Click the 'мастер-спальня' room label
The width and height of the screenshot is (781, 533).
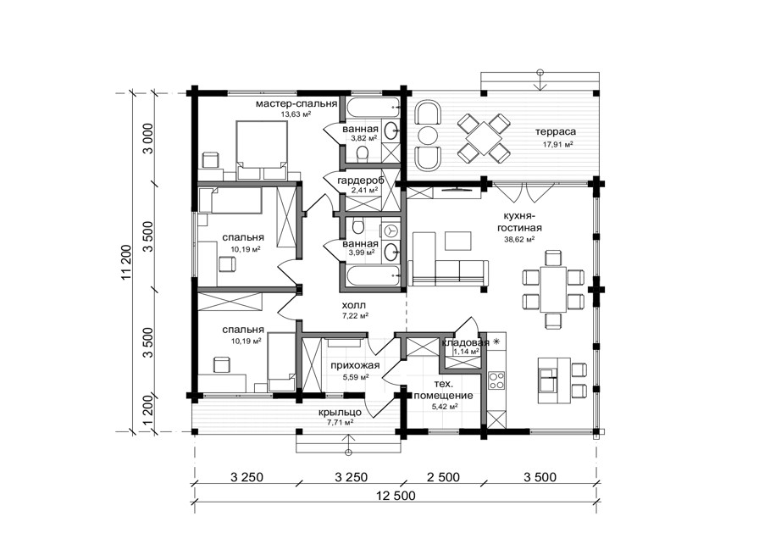coord(296,104)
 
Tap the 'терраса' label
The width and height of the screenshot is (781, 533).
coord(556,132)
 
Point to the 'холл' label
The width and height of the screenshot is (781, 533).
coord(353,305)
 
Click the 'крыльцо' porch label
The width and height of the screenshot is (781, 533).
coord(341,413)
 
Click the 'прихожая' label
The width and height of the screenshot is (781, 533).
coord(355,365)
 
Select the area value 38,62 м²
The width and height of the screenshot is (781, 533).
coord(520,239)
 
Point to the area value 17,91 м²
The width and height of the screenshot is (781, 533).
coord(557,145)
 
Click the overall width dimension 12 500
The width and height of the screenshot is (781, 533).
coord(396,496)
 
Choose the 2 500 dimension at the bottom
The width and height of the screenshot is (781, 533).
coord(443,477)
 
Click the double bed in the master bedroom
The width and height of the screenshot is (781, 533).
coord(262,149)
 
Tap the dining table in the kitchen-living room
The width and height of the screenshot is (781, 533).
coord(553,289)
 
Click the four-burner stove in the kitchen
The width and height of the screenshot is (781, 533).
coord(496,381)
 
